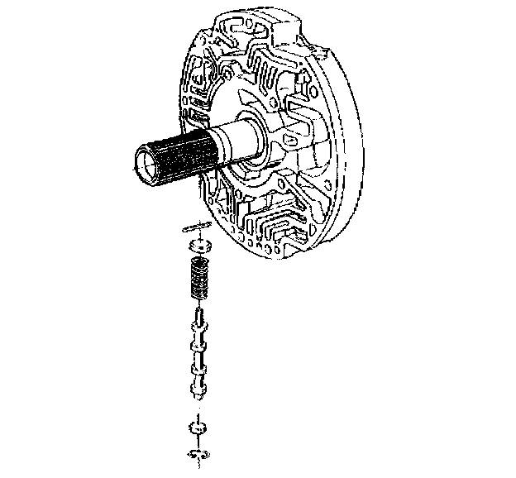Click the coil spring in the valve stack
coord(199,280)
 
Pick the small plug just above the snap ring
coord(196,428)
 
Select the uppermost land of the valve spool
coord(198,332)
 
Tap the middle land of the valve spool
coord(198,358)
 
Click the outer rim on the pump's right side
coord(352,149)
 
